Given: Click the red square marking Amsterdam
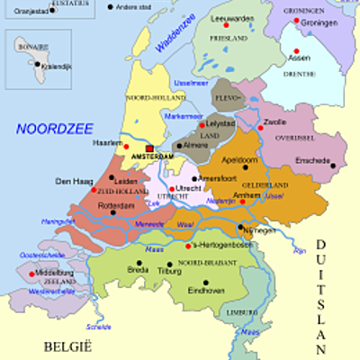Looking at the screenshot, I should (150, 149).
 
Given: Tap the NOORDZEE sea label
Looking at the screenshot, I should (53, 128).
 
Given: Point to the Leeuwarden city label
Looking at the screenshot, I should (231, 17).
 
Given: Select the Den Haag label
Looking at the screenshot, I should (75, 181).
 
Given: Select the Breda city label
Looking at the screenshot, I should (138, 269).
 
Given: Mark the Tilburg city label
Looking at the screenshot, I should (169, 269).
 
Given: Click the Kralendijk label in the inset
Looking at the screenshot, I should (52, 66).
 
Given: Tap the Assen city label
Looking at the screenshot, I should (300, 58).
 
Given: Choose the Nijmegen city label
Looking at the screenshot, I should (259, 229).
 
